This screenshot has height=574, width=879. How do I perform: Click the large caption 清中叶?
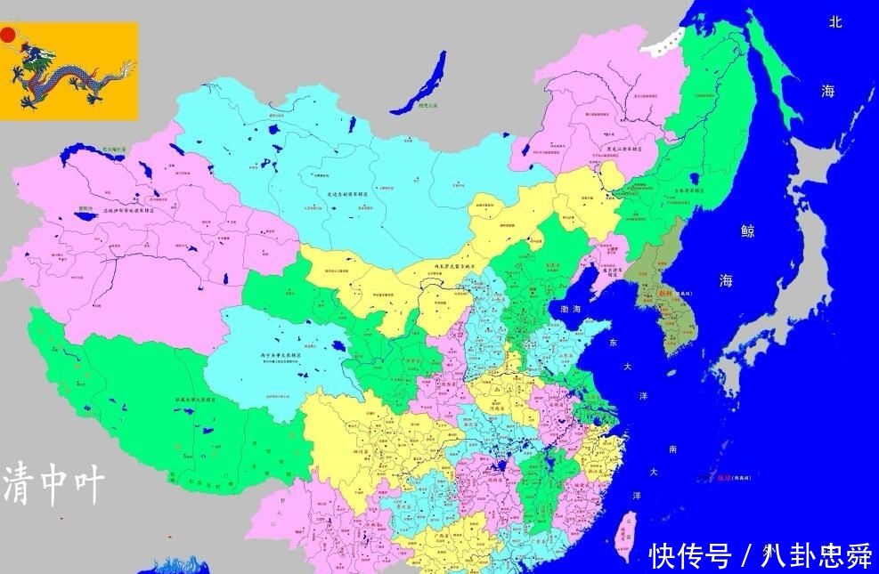click(54, 484)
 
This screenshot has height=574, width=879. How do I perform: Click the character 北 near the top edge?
click(834, 22)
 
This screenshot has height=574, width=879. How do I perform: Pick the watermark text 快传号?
click(689, 556)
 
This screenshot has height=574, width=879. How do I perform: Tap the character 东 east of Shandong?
click(613, 342)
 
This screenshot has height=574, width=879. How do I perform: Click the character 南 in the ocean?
click(672, 449)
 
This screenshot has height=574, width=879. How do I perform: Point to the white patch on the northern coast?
click(666, 40)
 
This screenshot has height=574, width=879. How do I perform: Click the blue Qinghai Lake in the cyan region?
click(338, 345)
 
